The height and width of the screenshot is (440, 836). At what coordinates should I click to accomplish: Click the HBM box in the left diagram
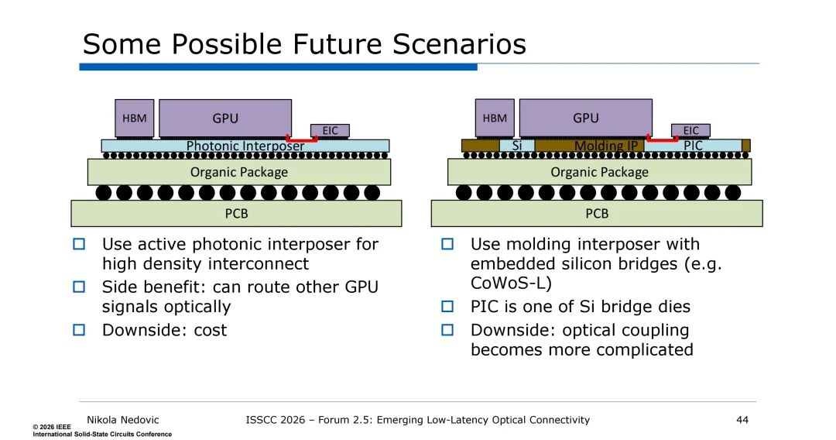pyautogui.click(x=135, y=119)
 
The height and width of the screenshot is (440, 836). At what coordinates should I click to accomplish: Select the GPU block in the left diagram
pyautogui.click(x=225, y=119)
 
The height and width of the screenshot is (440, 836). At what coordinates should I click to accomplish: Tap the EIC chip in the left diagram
pyautogui.click(x=330, y=130)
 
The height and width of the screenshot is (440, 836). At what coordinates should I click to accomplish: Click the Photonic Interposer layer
pyautogui.click(x=245, y=146)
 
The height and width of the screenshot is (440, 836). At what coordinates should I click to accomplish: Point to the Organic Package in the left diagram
pyautogui.click(x=238, y=172)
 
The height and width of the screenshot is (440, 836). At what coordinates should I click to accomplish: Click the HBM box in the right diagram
pyautogui.click(x=495, y=119)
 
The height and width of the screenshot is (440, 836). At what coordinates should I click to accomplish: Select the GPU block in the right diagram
pyautogui.click(x=586, y=118)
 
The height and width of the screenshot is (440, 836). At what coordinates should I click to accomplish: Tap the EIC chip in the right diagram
pyautogui.click(x=690, y=130)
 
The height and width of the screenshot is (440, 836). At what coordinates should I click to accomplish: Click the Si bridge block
pyautogui.click(x=517, y=146)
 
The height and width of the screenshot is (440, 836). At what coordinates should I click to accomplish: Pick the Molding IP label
pyautogui.click(x=605, y=146)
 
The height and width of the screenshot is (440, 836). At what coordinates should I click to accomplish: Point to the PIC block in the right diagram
pyautogui.click(x=694, y=146)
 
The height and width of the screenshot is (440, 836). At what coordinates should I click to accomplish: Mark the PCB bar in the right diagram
pyautogui.click(x=597, y=213)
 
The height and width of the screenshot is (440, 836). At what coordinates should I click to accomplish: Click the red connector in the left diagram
pyautogui.click(x=302, y=141)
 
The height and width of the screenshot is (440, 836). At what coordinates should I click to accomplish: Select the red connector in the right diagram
pyautogui.click(x=662, y=141)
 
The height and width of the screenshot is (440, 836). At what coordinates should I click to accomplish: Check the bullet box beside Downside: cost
pyautogui.click(x=78, y=330)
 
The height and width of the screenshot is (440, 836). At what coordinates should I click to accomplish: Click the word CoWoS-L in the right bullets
pyautogui.click(x=504, y=283)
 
